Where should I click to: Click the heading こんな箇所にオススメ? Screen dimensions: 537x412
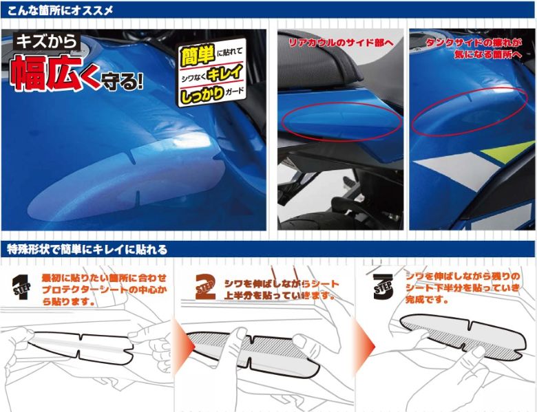click(60, 11)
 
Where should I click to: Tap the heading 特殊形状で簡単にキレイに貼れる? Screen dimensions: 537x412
click(87, 250)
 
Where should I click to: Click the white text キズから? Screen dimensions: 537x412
click(47, 41)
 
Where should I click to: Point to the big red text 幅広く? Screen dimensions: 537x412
click(54, 72)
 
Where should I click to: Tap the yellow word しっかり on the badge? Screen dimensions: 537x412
click(202, 94)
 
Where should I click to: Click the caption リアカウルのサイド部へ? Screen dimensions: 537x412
click(341, 43)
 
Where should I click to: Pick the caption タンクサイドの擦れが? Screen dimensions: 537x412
click(474, 43)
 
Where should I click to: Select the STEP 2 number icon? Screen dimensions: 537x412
click(205, 287)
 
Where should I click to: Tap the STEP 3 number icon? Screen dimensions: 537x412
click(383, 287)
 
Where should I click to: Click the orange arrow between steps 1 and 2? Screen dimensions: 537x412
click(182, 346)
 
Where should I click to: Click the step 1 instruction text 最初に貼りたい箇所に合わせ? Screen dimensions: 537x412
click(104, 277)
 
